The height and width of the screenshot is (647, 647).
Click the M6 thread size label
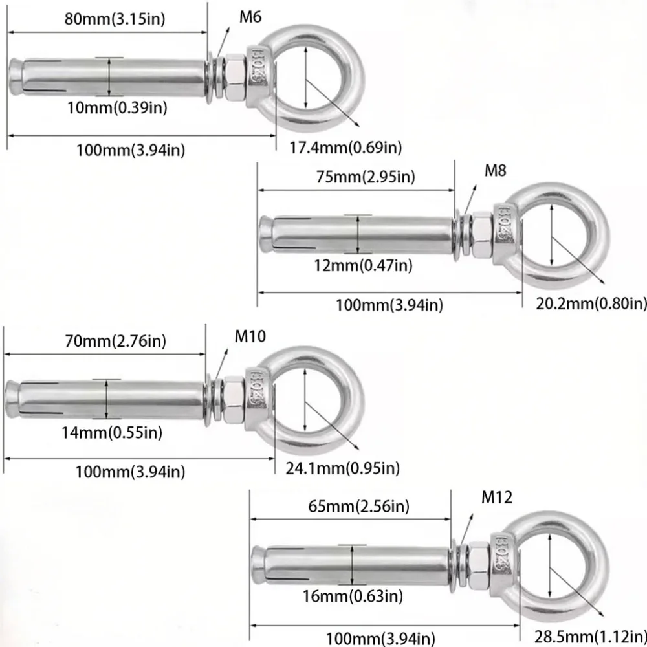click(250, 17)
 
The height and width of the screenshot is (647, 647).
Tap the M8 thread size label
click(496, 171)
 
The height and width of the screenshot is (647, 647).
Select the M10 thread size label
click(250, 336)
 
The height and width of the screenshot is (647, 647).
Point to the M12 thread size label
click(497, 498)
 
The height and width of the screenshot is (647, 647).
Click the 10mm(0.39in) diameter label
click(117, 107)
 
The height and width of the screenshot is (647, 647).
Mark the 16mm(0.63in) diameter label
click(354, 595)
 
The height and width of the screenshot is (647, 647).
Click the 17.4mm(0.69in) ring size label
click(345, 148)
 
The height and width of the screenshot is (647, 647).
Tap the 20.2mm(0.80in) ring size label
click(591, 303)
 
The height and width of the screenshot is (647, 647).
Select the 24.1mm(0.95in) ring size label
click(343, 467)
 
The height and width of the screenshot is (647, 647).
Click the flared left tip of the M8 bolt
click(266, 235)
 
